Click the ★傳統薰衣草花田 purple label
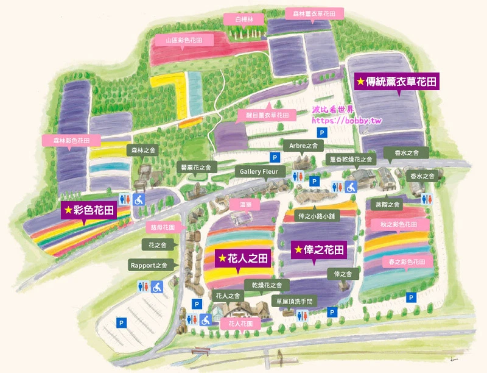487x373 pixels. [x=397, y=81]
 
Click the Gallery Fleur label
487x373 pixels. [x=259, y=172]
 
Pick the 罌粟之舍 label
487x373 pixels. [x=195, y=167]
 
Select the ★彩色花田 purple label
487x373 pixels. [x=89, y=211]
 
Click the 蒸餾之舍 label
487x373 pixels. [x=387, y=205]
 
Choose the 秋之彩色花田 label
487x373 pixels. [x=398, y=225]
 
